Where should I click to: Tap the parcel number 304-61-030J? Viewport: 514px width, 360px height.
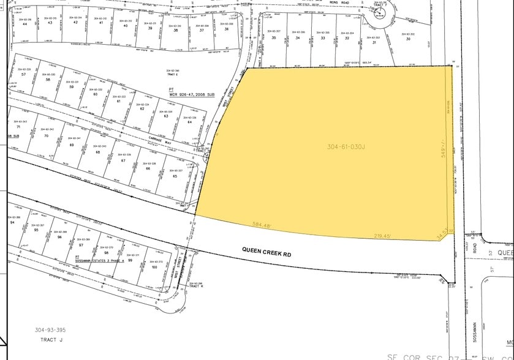pyautogui.click(x=346, y=147)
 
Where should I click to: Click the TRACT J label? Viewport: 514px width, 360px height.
pyautogui.click(x=51, y=339)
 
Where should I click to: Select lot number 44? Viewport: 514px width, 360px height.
pyautogui.click(x=25, y=24)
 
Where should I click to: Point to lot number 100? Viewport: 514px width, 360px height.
pyautogui.click(x=154, y=267)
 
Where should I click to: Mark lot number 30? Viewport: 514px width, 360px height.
pyautogui.click(x=407, y=38)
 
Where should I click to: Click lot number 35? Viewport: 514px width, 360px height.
pyautogui.click(x=274, y=37)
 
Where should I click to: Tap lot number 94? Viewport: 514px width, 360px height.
pyautogui.click(x=12, y=223)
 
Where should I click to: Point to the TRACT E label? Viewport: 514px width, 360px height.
pyautogui.click(x=172, y=76)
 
